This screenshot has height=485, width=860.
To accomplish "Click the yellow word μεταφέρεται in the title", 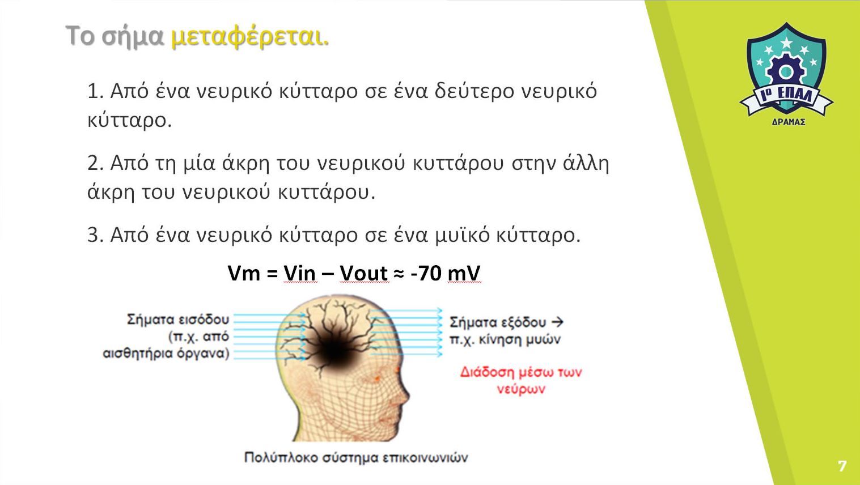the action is click(249, 37).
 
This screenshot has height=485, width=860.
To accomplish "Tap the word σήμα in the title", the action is click(133, 37).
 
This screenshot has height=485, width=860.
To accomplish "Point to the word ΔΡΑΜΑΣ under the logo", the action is click(789, 122).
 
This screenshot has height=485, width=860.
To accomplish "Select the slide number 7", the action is click(842, 466).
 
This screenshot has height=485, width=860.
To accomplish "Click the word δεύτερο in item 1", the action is click(474, 91).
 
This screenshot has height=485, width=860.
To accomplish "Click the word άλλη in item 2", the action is click(586, 163).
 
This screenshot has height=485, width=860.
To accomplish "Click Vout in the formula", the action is click(363, 273).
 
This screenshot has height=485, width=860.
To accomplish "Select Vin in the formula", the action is click(300, 273).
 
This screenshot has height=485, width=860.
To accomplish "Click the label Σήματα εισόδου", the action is click(178, 320).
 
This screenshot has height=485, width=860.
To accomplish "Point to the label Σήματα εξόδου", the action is click(498, 322).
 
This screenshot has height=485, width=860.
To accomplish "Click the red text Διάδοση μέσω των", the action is click(521, 372).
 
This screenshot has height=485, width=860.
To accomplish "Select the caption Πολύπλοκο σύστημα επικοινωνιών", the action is click(356, 458).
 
